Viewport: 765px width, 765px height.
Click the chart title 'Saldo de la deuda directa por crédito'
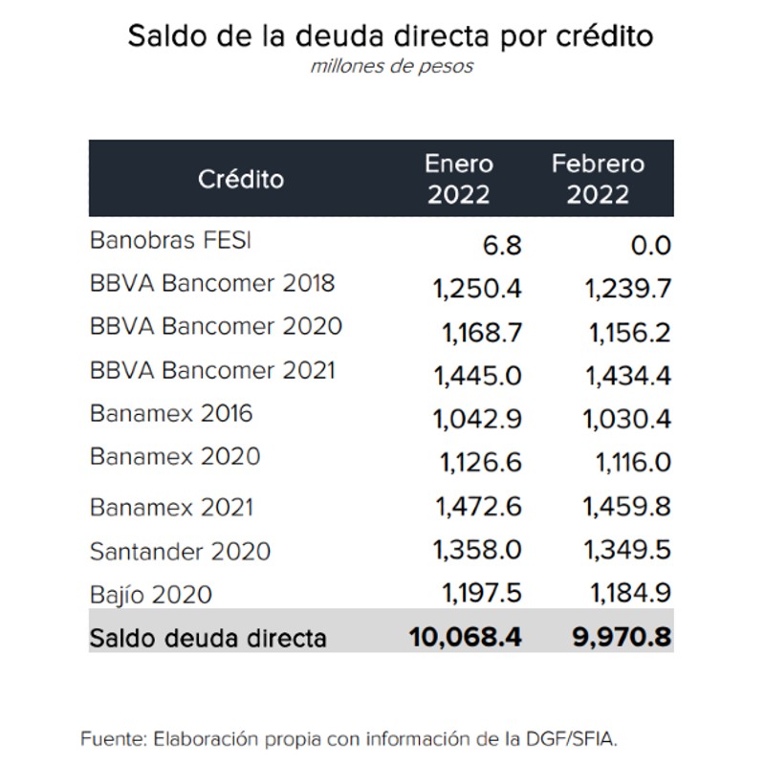[x=390, y=36]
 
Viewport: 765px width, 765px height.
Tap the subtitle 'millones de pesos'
[x=391, y=67]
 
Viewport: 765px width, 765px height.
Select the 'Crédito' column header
[x=241, y=179]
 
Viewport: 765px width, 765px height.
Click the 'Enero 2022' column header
[x=459, y=179]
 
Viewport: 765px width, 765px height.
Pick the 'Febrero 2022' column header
[x=598, y=179]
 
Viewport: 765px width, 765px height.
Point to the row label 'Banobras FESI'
[x=170, y=240]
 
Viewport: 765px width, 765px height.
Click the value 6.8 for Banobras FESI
[x=502, y=246]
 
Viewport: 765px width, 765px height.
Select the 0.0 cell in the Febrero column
[x=650, y=246]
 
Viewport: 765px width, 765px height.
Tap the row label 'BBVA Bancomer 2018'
[x=212, y=283]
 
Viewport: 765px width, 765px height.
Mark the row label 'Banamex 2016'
[x=171, y=413]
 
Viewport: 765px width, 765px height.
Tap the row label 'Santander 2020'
[x=180, y=552]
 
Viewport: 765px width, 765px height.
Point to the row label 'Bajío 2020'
[x=151, y=595]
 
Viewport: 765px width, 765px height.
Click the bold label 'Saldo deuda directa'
[x=208, y=637]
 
